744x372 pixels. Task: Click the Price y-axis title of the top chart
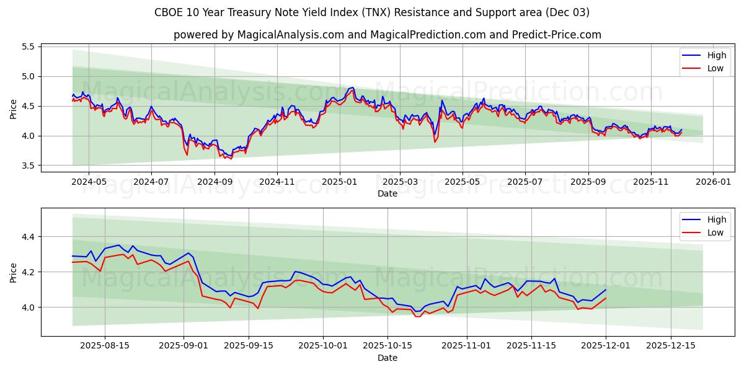tap(14, 108)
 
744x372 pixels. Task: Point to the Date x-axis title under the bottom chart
tap(387, 358)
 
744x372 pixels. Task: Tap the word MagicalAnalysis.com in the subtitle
tap(290, 35)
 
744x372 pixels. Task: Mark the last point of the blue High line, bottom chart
tap(606, 290)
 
